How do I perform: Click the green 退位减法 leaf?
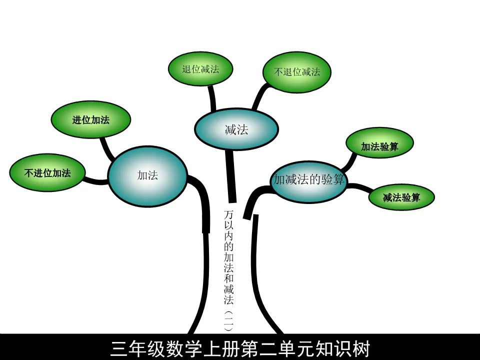(x=200, y=69)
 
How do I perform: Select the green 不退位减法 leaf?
(x=296, y=71)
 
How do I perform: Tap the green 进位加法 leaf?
(x=91, y=120)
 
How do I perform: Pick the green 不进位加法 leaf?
(x=47, y=173)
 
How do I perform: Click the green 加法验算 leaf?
(x=380, y=146)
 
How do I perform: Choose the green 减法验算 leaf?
(x=401, y=197)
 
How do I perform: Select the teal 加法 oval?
(x=147, y=175)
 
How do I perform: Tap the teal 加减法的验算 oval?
(x=309, y=180)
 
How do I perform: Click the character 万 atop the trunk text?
(x=229, y=214)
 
